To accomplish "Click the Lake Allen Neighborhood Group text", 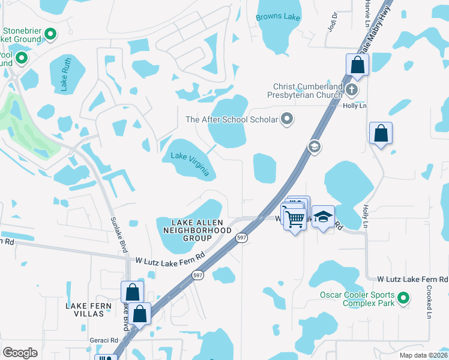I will click(x=194, y=230).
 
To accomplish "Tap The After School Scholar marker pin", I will click(x=288, y=119).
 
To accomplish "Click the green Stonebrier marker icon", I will click(x=50, y=35).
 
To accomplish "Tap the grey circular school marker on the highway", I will click(x=313, y=146).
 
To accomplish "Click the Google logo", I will click(x=20, y=353).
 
